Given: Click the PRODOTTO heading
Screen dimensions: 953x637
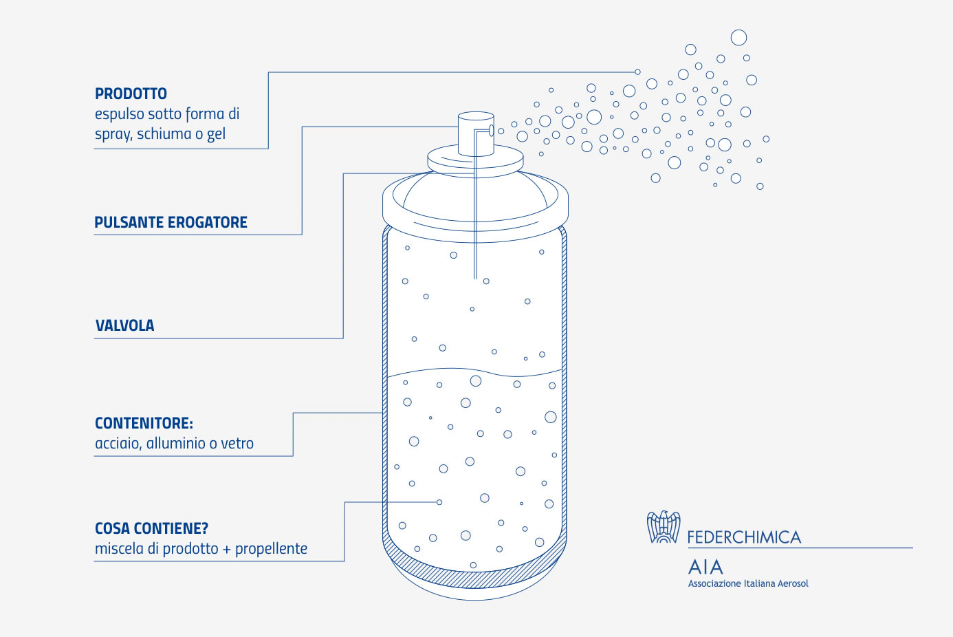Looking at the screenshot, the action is (131, 94).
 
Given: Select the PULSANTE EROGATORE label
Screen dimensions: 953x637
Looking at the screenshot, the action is (171, 222).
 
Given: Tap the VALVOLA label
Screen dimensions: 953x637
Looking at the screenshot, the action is (124, 325).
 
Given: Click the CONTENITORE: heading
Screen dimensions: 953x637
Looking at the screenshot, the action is (144, 423).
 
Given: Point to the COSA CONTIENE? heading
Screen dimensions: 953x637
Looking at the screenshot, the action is (151, 528).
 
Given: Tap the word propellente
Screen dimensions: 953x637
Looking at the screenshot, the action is (271, 549).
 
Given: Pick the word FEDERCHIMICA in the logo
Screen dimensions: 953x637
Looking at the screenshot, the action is (744, 537).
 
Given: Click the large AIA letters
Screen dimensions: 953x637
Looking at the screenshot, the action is (705, 567).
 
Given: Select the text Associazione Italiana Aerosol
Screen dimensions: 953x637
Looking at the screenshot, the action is (748, 583).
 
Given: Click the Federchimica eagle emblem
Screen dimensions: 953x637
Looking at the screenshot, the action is (664, 527).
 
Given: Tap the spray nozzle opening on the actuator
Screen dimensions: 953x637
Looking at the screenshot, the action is (492, 130).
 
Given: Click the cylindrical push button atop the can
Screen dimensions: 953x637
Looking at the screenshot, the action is (476, 134).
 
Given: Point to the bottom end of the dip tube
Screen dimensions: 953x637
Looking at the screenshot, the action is (475, 279).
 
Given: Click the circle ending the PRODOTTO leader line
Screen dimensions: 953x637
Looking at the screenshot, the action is (637, 72).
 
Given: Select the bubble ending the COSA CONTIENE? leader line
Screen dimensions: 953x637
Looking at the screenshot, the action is (439, 502).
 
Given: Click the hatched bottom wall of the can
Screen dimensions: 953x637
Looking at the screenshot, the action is (475, 579).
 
